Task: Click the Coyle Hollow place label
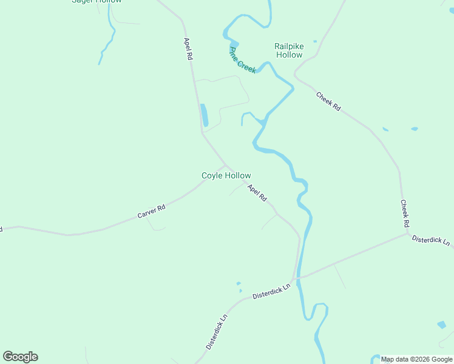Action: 226,176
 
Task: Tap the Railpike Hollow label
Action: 288,50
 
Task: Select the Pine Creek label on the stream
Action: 243,59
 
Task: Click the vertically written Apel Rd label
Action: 188,48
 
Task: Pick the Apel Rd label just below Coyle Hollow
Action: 257,193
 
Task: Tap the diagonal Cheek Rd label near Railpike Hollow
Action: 328,101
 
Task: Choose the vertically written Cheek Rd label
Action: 404,214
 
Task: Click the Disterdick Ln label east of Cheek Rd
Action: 431,240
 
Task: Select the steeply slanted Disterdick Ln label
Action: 216,331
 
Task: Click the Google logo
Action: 20,357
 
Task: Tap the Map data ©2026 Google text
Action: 416,359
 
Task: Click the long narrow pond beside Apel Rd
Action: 205,115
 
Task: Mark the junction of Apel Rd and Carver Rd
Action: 226,164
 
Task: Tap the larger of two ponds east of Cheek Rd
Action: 415,129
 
